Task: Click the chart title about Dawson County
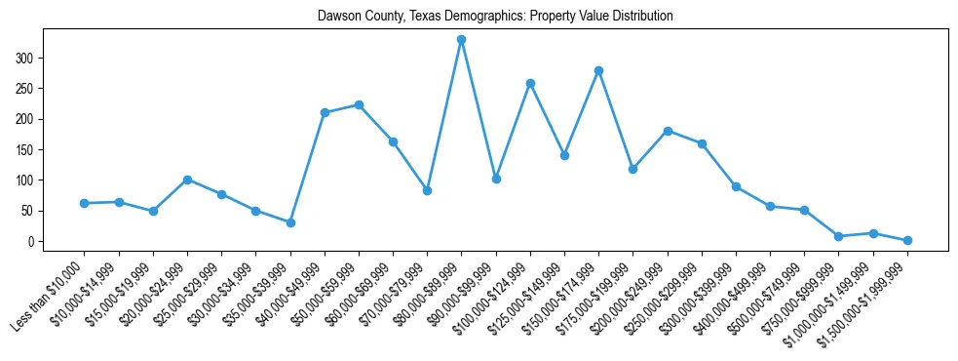(495, 17)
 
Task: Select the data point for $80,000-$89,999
(461, 40)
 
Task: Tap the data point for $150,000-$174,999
(598, 70)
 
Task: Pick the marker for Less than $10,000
(85, 203)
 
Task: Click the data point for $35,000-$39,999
(290, 222)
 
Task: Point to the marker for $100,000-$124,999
(530, 83)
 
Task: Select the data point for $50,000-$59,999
(359, 104)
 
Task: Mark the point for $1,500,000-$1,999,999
(907, 240)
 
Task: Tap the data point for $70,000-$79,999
(427, 190)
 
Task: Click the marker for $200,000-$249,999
(668, 131)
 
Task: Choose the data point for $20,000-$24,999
(187, 180)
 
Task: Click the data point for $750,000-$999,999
(839, 236)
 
